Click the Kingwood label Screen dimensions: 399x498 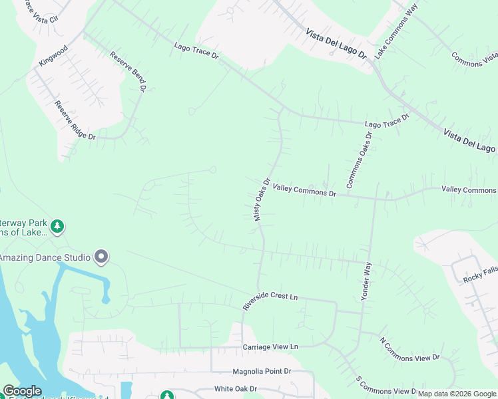tap(53, 57)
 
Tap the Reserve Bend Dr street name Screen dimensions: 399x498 tap(128, 72)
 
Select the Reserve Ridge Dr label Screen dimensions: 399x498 tap(75, 120)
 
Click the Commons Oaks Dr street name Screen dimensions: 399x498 tap(360, 160)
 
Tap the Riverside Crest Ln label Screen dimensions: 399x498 tap(270, 299)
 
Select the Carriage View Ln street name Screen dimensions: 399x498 tap(270, 347)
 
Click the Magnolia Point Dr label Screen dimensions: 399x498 tap(262, 372)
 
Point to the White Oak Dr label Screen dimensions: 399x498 tap(235, 389)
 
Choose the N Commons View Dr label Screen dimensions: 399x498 tap(409, 350)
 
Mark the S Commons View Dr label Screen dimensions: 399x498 tap(385, 386)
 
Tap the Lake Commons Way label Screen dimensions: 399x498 tap(395, 32)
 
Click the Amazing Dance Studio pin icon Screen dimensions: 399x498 tap(101, 256)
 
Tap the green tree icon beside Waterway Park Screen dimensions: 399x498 tap(58, 227)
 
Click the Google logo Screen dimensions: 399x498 tap(21, 391)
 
